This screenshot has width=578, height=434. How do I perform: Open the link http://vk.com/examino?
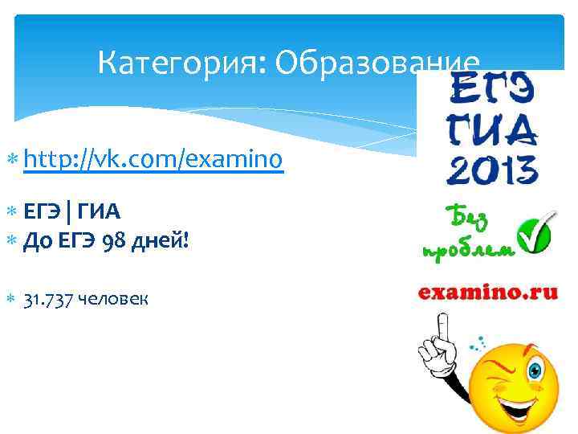click(153, 161)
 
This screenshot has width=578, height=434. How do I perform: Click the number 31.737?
click(50, 300)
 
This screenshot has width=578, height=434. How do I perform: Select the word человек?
click(112, 300)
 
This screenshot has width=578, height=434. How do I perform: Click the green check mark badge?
click(532, 232)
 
